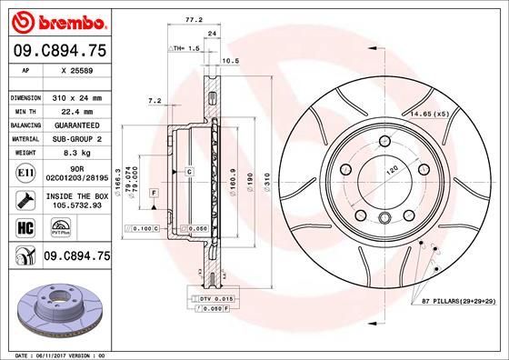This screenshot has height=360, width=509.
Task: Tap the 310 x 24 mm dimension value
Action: [75, 96]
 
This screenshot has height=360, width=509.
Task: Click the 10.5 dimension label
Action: [231, 62]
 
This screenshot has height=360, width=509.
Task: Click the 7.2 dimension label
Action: [155, 101]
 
